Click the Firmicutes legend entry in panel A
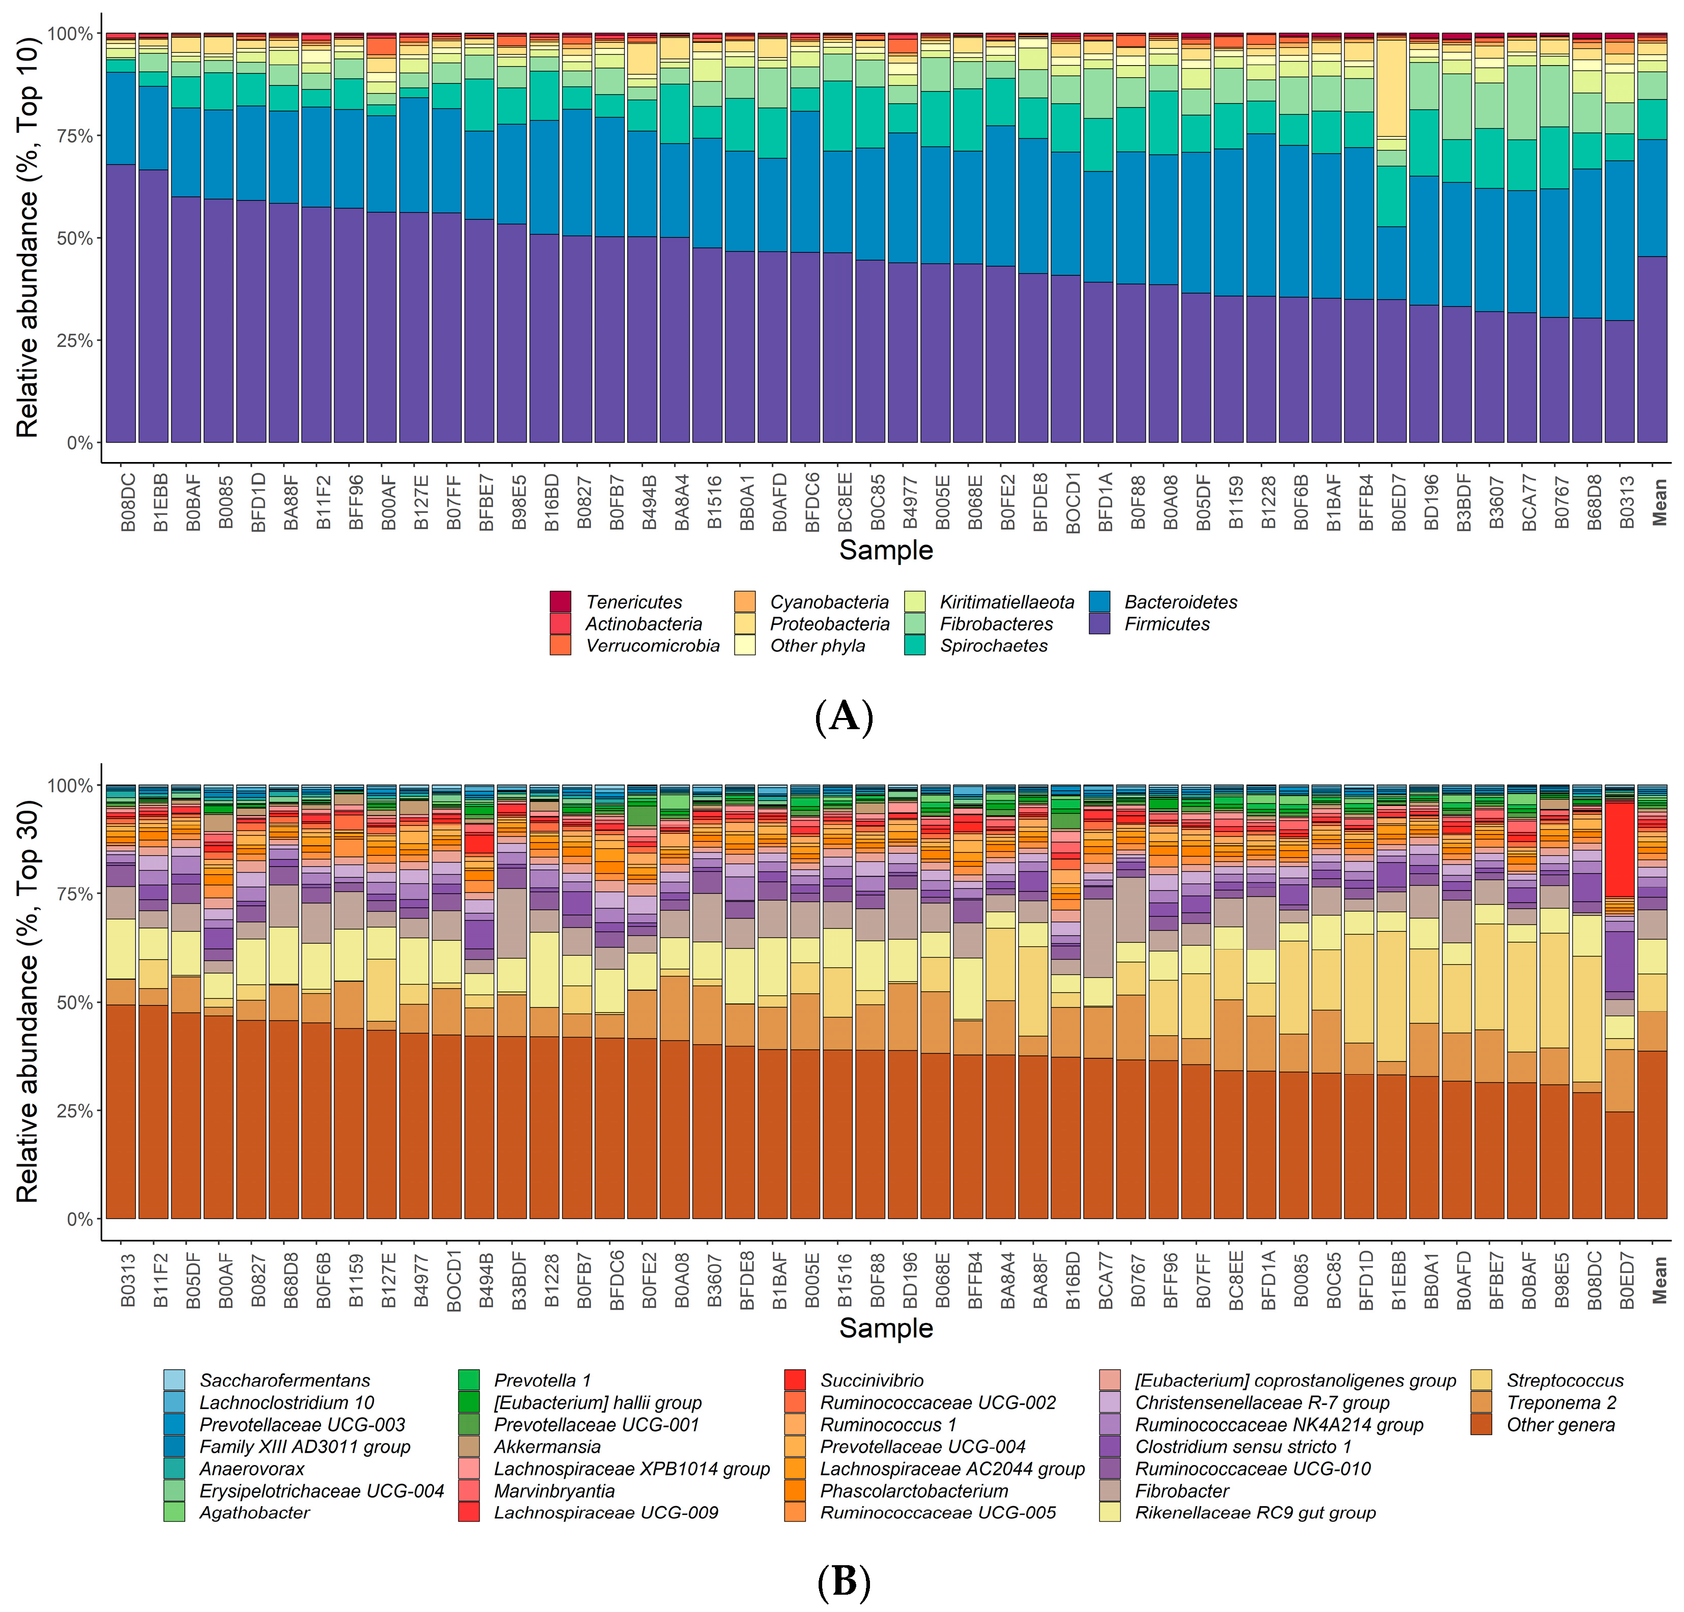click(x=1166, y=625)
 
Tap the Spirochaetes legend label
click(x=993, y=646)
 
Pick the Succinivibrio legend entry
click(x=871, y=1381)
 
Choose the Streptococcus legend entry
click(x=1564, y=1381)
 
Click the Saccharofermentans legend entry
click(x=284, y=1381)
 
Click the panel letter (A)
click(x=843, y=716)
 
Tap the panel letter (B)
click(x=843, y=1583)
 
